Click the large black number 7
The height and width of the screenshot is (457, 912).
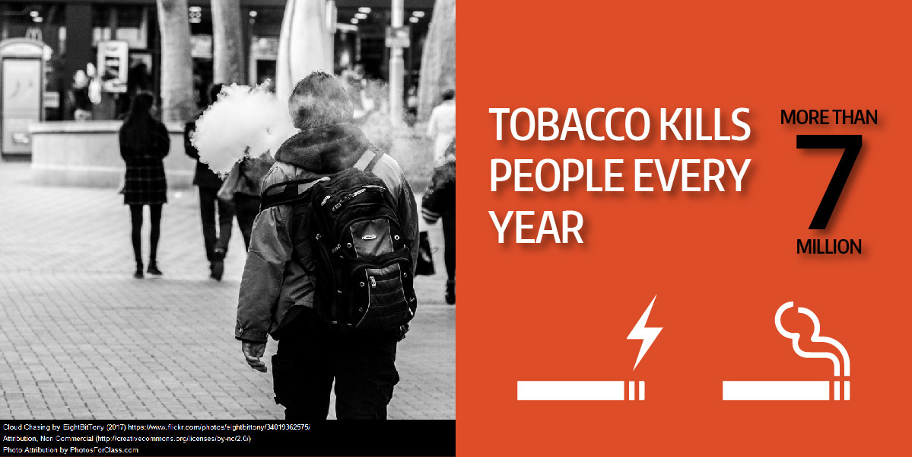tap(829, 181)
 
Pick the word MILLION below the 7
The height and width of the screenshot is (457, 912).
tap(829, 246)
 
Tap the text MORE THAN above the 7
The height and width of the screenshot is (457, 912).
tap(829, 117)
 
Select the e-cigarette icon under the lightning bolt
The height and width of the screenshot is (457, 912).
tap(580, 391)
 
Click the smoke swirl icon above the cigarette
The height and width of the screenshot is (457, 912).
tap(812, 337)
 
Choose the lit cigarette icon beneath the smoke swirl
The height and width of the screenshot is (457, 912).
tap(786, 391)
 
